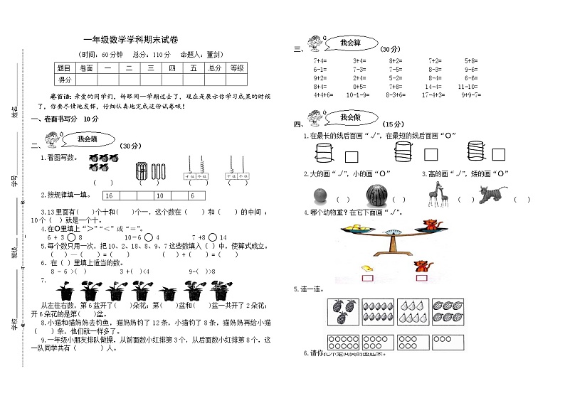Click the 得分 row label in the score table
tap(65, 80)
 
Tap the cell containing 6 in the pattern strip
tap(193, 195)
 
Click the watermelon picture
tap(377, 194)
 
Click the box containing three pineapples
tap(343, 311)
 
